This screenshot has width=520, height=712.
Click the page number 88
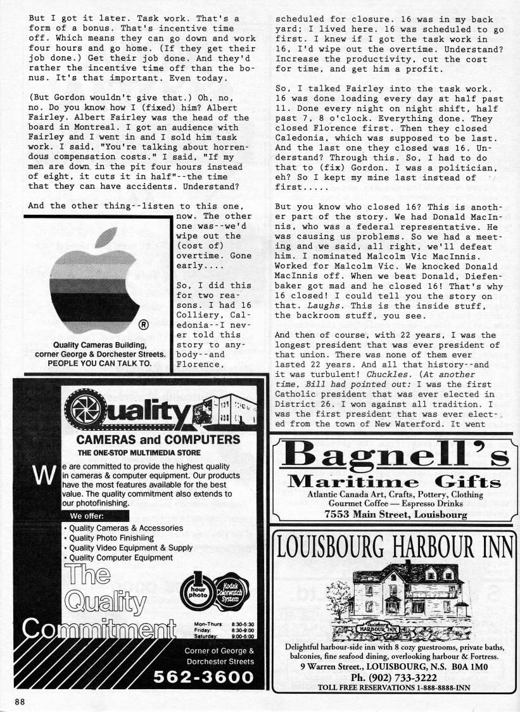[x=22, y=700]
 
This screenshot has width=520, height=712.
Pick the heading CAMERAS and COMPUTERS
[x=149, y=440]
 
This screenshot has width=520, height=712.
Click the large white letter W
[x=41, y=476]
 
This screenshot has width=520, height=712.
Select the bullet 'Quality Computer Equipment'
[x=120, y=557]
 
